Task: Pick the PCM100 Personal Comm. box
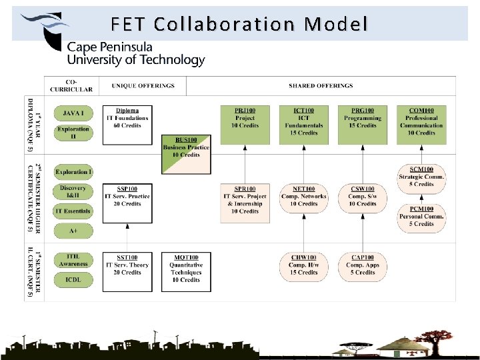[421, 216]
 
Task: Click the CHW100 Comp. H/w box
[303, 265]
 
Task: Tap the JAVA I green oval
[73, 114]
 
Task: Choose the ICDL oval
[73, 281]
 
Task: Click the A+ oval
[73, 231]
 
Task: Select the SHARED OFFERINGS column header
[321, 86]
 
